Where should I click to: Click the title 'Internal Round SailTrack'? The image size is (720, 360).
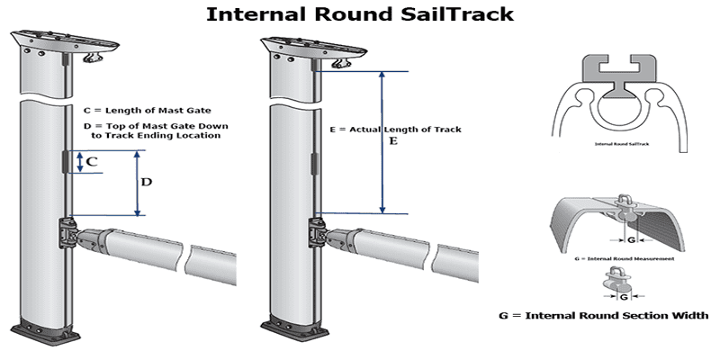coord(359,14)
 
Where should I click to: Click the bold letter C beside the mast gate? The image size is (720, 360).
coord(92,163)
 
